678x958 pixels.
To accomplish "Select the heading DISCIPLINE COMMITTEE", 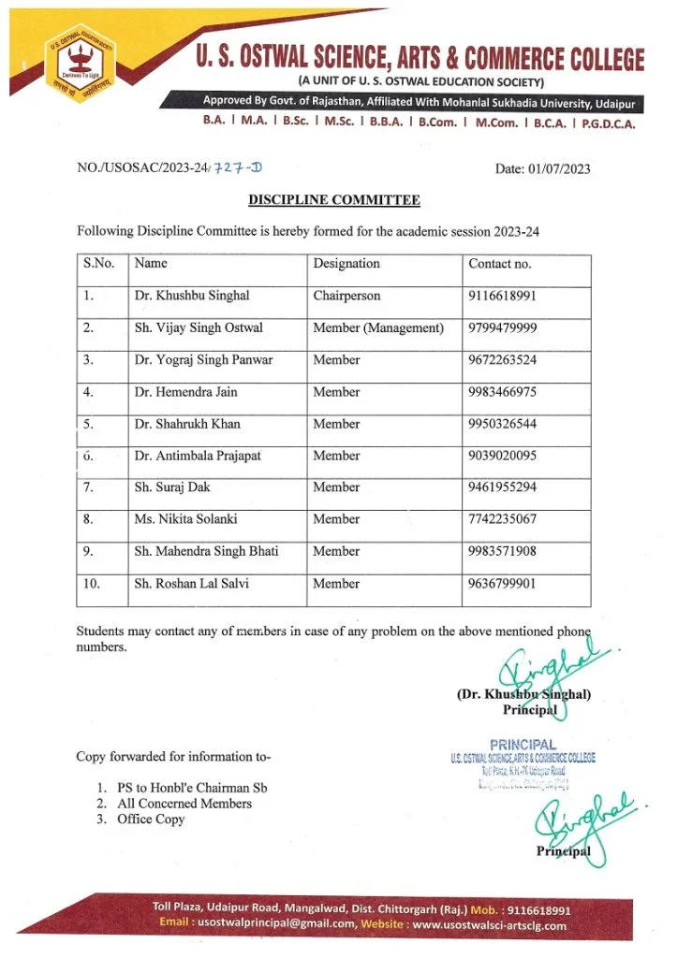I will coord(333,200).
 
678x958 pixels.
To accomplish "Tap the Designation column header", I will coord(346,264).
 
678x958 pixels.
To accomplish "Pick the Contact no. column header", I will coord(500,264).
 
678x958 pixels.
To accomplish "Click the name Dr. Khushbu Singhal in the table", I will coord(192,296).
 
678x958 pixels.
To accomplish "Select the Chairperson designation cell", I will coord(346,296).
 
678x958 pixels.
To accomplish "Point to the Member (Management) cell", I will coord(378,327).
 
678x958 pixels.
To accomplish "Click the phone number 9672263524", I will coord(503,359).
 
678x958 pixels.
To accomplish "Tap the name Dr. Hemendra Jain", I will coord(186,392).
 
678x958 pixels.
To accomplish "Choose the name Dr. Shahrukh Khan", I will coord(187,424).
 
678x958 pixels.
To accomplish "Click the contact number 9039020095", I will coord(503,456).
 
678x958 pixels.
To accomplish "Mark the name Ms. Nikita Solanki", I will coord(186,519).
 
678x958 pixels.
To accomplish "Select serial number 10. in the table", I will coord(92,584).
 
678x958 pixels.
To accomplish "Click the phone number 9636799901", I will coord(503,584).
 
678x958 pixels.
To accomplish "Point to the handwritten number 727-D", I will coord(239,167).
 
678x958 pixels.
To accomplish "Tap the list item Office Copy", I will coord(151,820).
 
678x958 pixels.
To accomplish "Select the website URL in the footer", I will coord(489,925).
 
